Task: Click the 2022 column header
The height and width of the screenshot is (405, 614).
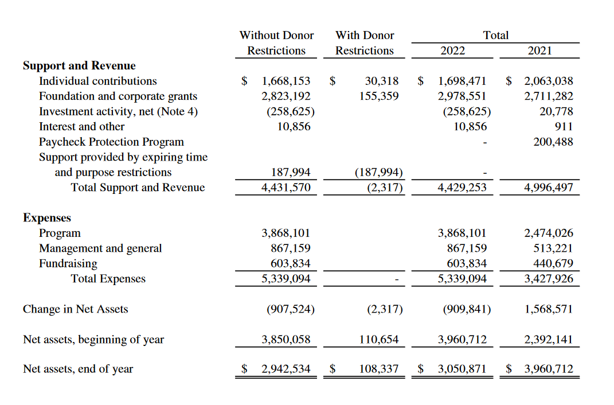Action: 452,50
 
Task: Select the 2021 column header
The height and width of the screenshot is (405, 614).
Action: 539,50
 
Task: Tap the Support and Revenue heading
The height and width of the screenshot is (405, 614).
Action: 79,65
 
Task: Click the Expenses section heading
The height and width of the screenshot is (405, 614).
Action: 47,218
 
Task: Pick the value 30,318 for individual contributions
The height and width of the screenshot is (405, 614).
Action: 381,81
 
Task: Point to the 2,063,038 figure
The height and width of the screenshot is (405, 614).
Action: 549,81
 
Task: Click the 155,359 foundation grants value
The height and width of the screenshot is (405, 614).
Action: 378,96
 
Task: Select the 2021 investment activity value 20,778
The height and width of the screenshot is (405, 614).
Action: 556,112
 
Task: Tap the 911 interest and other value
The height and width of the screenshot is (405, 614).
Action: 564,127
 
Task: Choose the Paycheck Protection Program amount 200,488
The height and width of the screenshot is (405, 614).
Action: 553,142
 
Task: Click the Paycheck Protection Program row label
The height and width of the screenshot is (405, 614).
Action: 111,142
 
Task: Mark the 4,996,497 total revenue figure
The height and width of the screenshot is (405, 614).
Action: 549,188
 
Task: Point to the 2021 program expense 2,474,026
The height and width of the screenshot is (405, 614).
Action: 549,233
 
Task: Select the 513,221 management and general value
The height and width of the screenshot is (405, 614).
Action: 553,248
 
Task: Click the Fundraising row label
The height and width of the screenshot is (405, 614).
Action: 68,264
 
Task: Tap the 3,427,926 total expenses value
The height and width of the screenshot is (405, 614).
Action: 549,279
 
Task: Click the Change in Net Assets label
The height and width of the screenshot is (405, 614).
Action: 76,309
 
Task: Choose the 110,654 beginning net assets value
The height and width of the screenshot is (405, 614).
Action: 378,340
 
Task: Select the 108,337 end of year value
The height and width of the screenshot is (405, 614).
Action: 378,369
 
